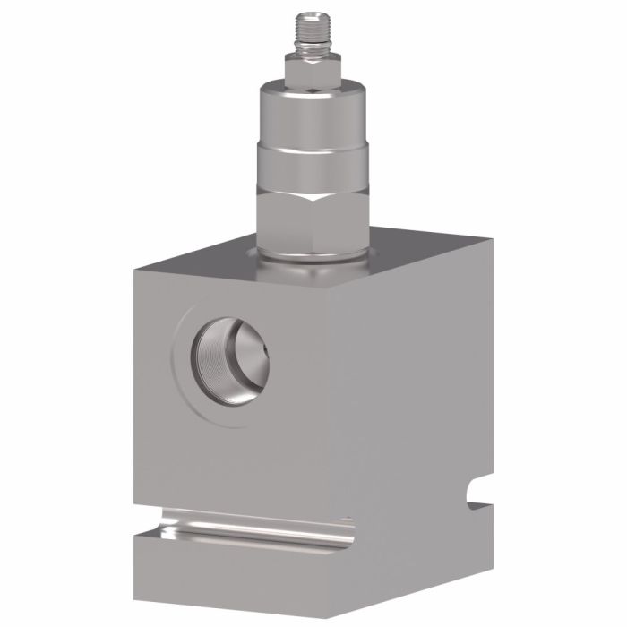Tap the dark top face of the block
point(403,255)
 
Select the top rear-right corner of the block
point(491,240)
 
